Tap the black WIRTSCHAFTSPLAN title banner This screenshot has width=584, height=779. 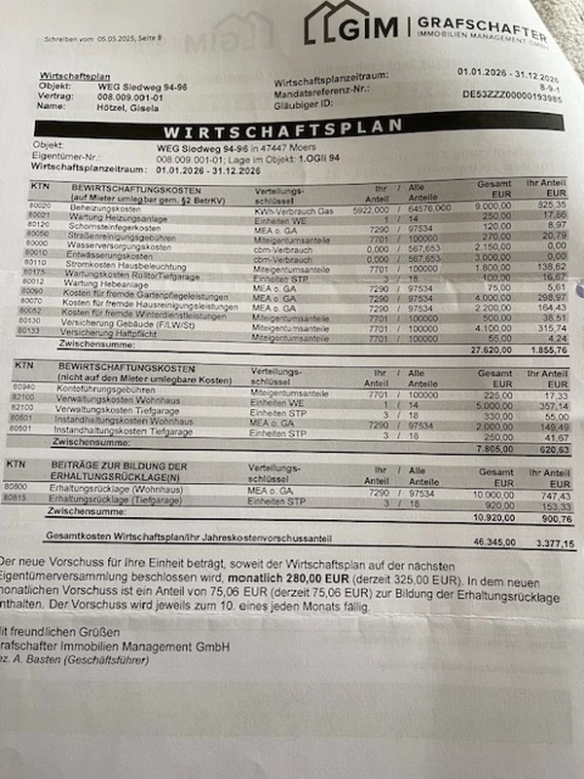[282, 129]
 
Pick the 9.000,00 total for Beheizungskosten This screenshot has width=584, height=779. [494, 207]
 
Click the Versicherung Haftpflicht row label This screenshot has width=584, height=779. [116, 332]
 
